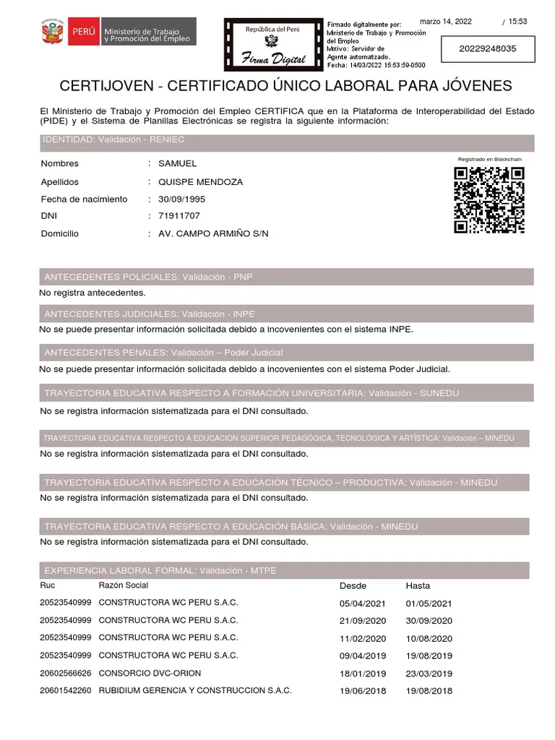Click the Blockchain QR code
pos(489,200)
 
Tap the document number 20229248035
pos(488,49)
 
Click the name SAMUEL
pos(177,164)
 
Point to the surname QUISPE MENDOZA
pos(200,182)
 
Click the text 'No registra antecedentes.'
pos(92,293)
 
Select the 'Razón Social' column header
pos(124,585)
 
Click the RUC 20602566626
pos(66,673)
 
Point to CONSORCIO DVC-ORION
pos(150,673)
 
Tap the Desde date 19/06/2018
pos(363,691)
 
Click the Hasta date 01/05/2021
pos(429,603)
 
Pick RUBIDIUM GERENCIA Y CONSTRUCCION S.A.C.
pos(195,691)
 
